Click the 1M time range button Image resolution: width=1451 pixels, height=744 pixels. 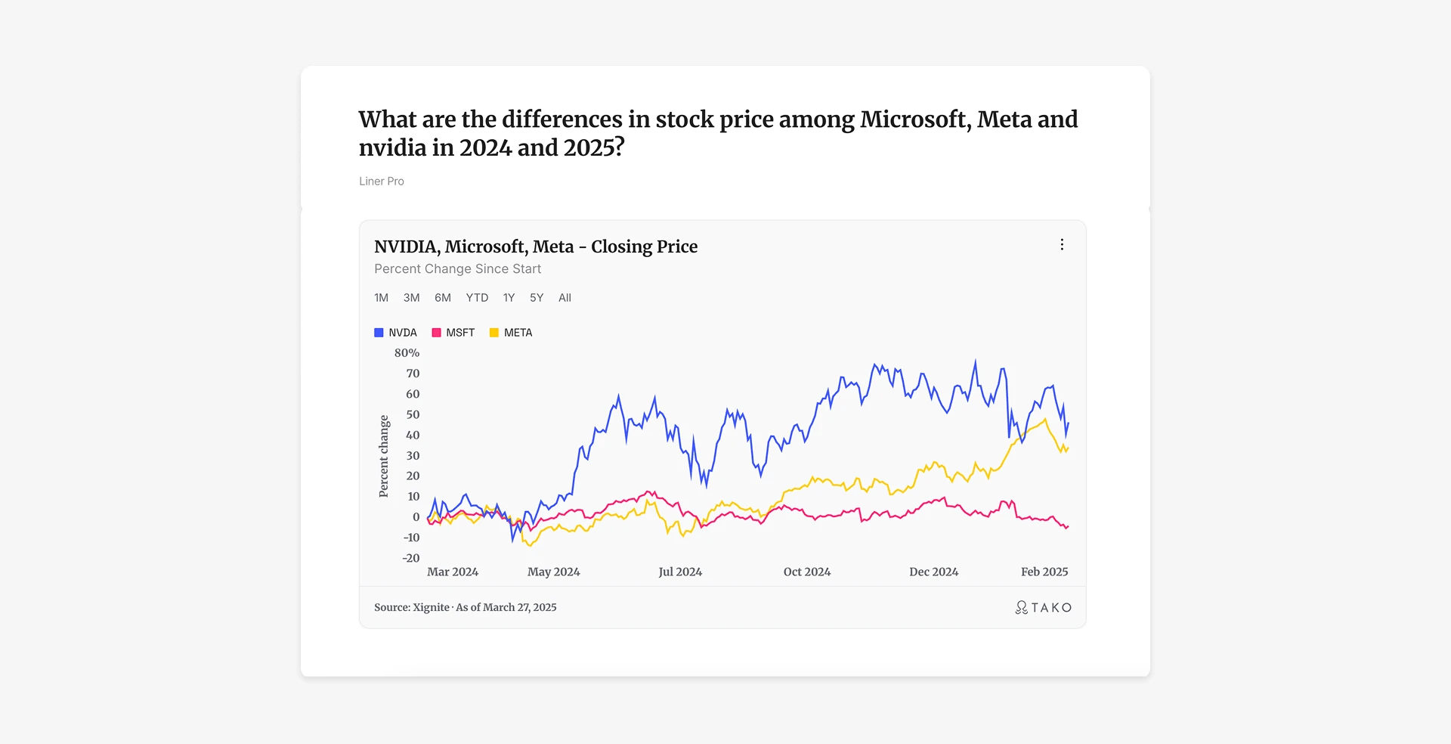[x=381, y=298]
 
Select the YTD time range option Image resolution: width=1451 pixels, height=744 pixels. [x=477, y=298]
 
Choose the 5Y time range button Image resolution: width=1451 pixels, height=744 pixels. [x=537, y=298]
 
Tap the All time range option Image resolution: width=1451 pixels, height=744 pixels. [x=565, y=298]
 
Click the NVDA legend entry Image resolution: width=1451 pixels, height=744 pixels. [x=395, y=333]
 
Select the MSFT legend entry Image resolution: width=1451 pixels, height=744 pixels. [x=453, y=333]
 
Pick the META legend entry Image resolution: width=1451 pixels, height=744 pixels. [x=511, y=333]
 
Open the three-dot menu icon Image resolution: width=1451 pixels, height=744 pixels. [x=1062, y=245]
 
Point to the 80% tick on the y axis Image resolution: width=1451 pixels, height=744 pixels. [x=407, y=353]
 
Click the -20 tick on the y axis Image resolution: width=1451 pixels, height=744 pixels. [x=411, y=558]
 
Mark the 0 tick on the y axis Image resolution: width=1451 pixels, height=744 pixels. [x=416, y=517]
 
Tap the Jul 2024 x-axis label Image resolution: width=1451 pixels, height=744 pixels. [x=680, y=572]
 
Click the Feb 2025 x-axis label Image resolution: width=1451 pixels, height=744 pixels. [x=1044, y=572]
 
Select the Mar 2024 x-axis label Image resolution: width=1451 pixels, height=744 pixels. [x=453, y=572]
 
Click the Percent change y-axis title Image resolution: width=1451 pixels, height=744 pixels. [x=384, y=456]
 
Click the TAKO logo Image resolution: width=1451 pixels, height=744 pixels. [x=1043, y=608]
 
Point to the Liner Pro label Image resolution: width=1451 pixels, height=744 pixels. [x=382, y=181]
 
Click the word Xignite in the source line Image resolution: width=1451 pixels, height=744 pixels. [x=431, y=608]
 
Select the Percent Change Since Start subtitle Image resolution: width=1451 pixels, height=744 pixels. [x=457, y=269]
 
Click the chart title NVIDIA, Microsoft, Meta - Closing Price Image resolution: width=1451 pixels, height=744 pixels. [x=536, y=246]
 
